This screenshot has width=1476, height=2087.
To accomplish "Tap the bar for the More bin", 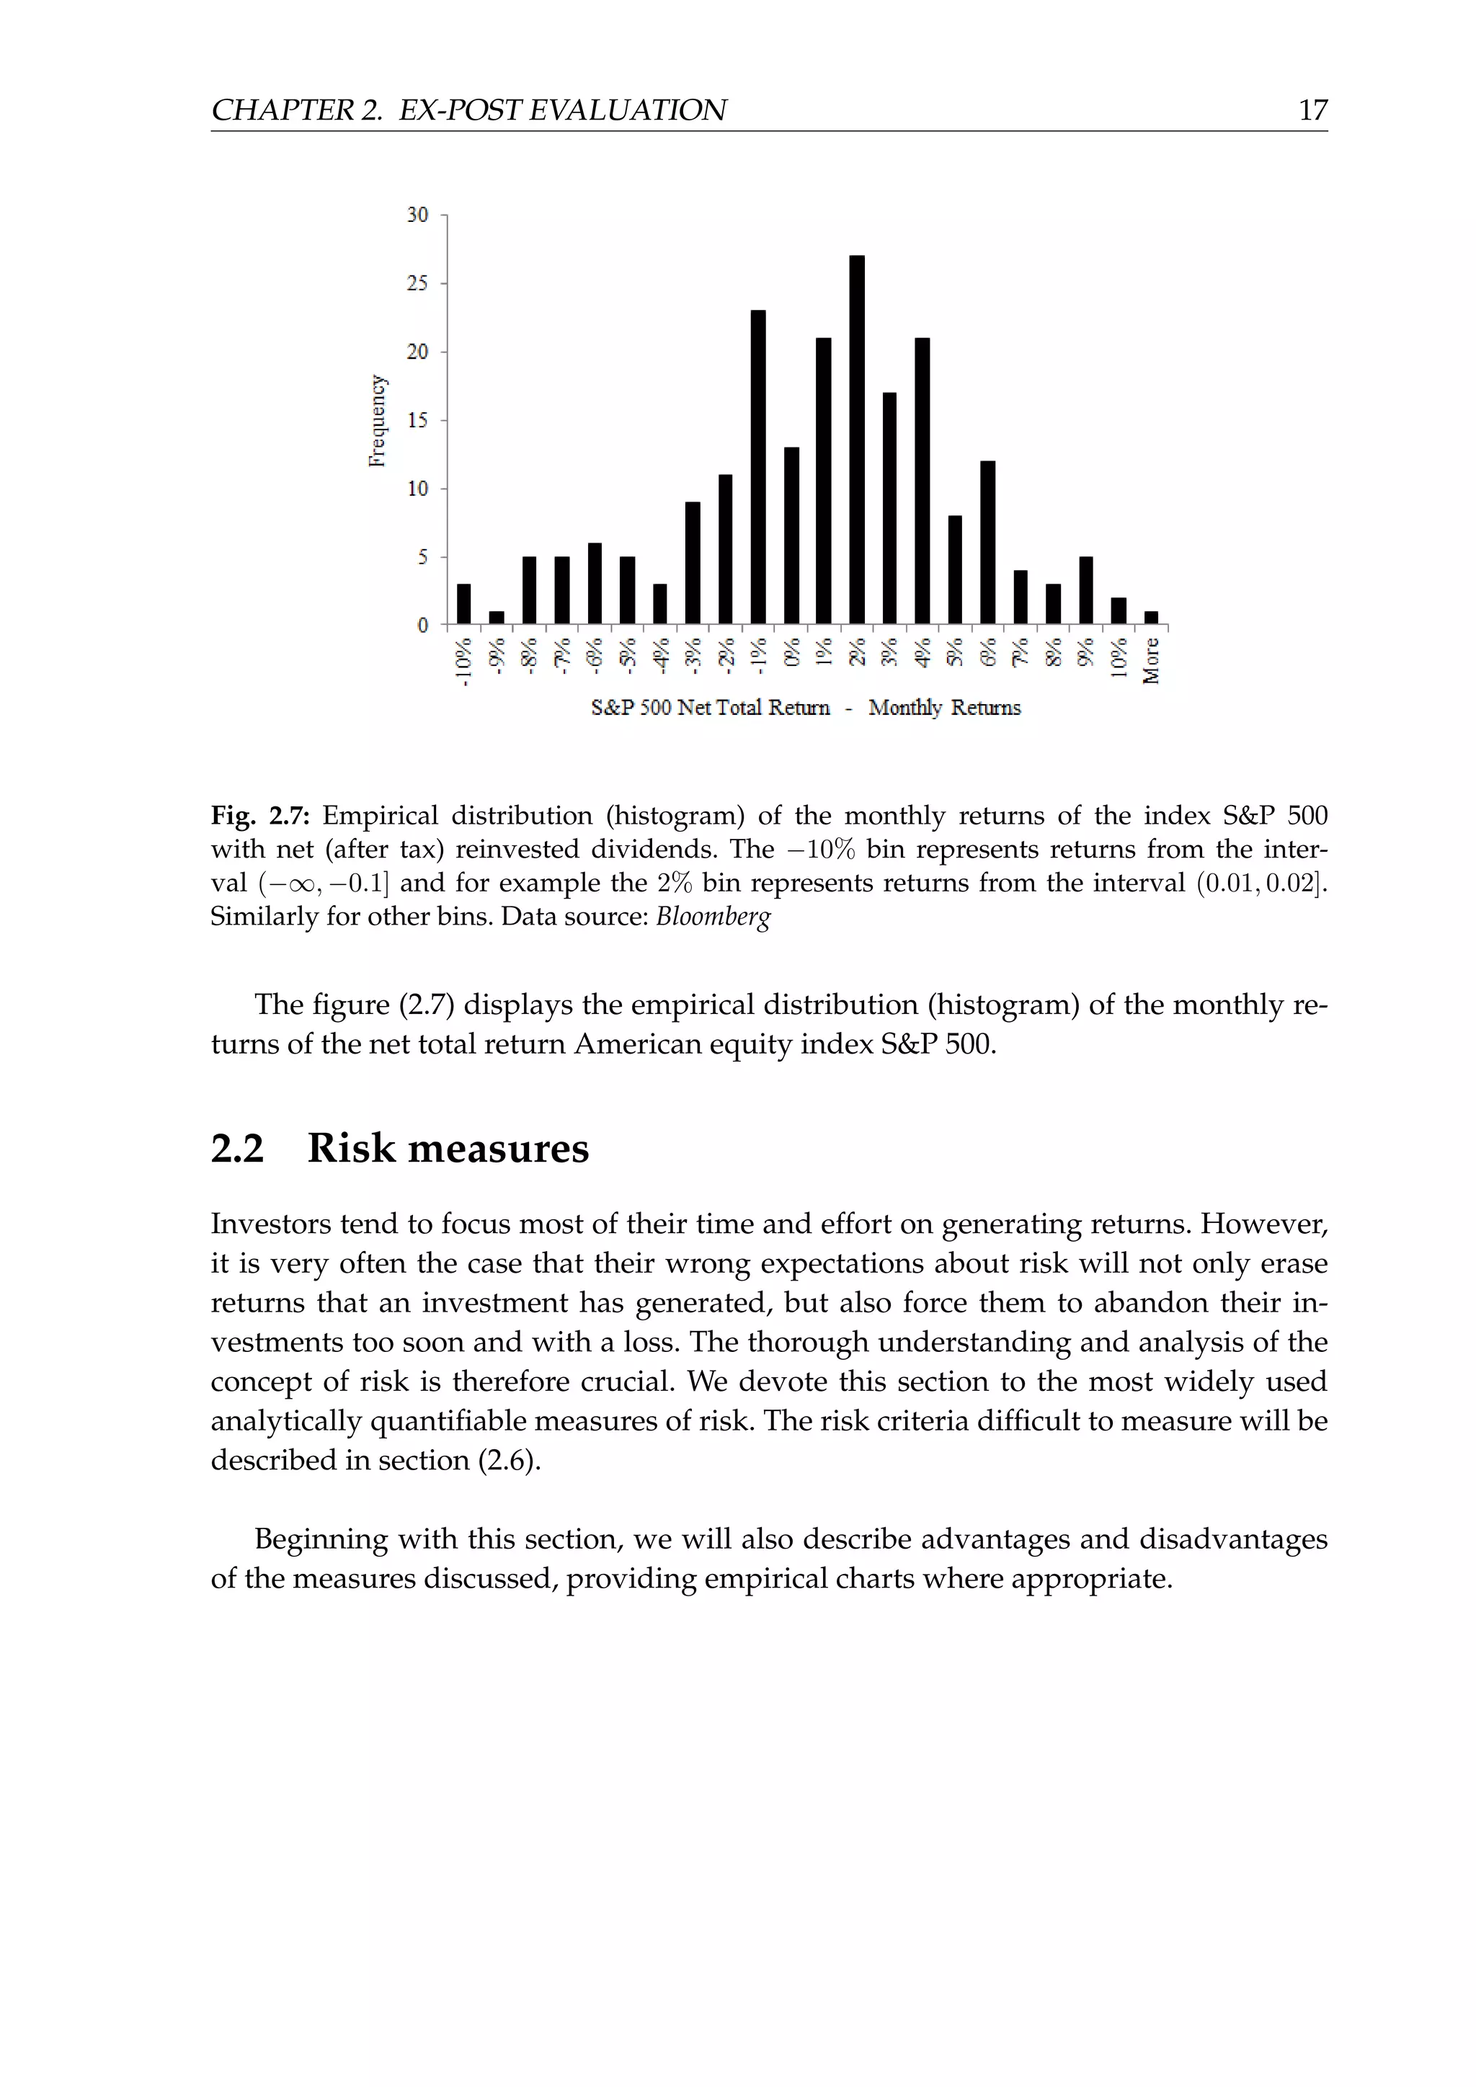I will [x=1151, y=618].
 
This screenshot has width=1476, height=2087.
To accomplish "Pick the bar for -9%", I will [x=497, y=618].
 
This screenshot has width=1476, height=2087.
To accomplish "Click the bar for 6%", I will [x=987, y=543].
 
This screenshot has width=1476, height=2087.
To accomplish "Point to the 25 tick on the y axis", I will [x=417, y=284].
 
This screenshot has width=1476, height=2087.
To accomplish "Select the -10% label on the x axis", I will [x=463, y=662].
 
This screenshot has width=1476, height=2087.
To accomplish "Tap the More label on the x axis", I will [x=1152, y=661].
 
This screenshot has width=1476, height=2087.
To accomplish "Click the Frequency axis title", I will [x=377, y=421].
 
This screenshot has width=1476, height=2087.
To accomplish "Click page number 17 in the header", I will [x=1312, y=111].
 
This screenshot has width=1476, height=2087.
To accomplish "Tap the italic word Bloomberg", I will [x=713, y=916].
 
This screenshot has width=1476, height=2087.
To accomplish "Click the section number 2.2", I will [x=237, y=1149].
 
